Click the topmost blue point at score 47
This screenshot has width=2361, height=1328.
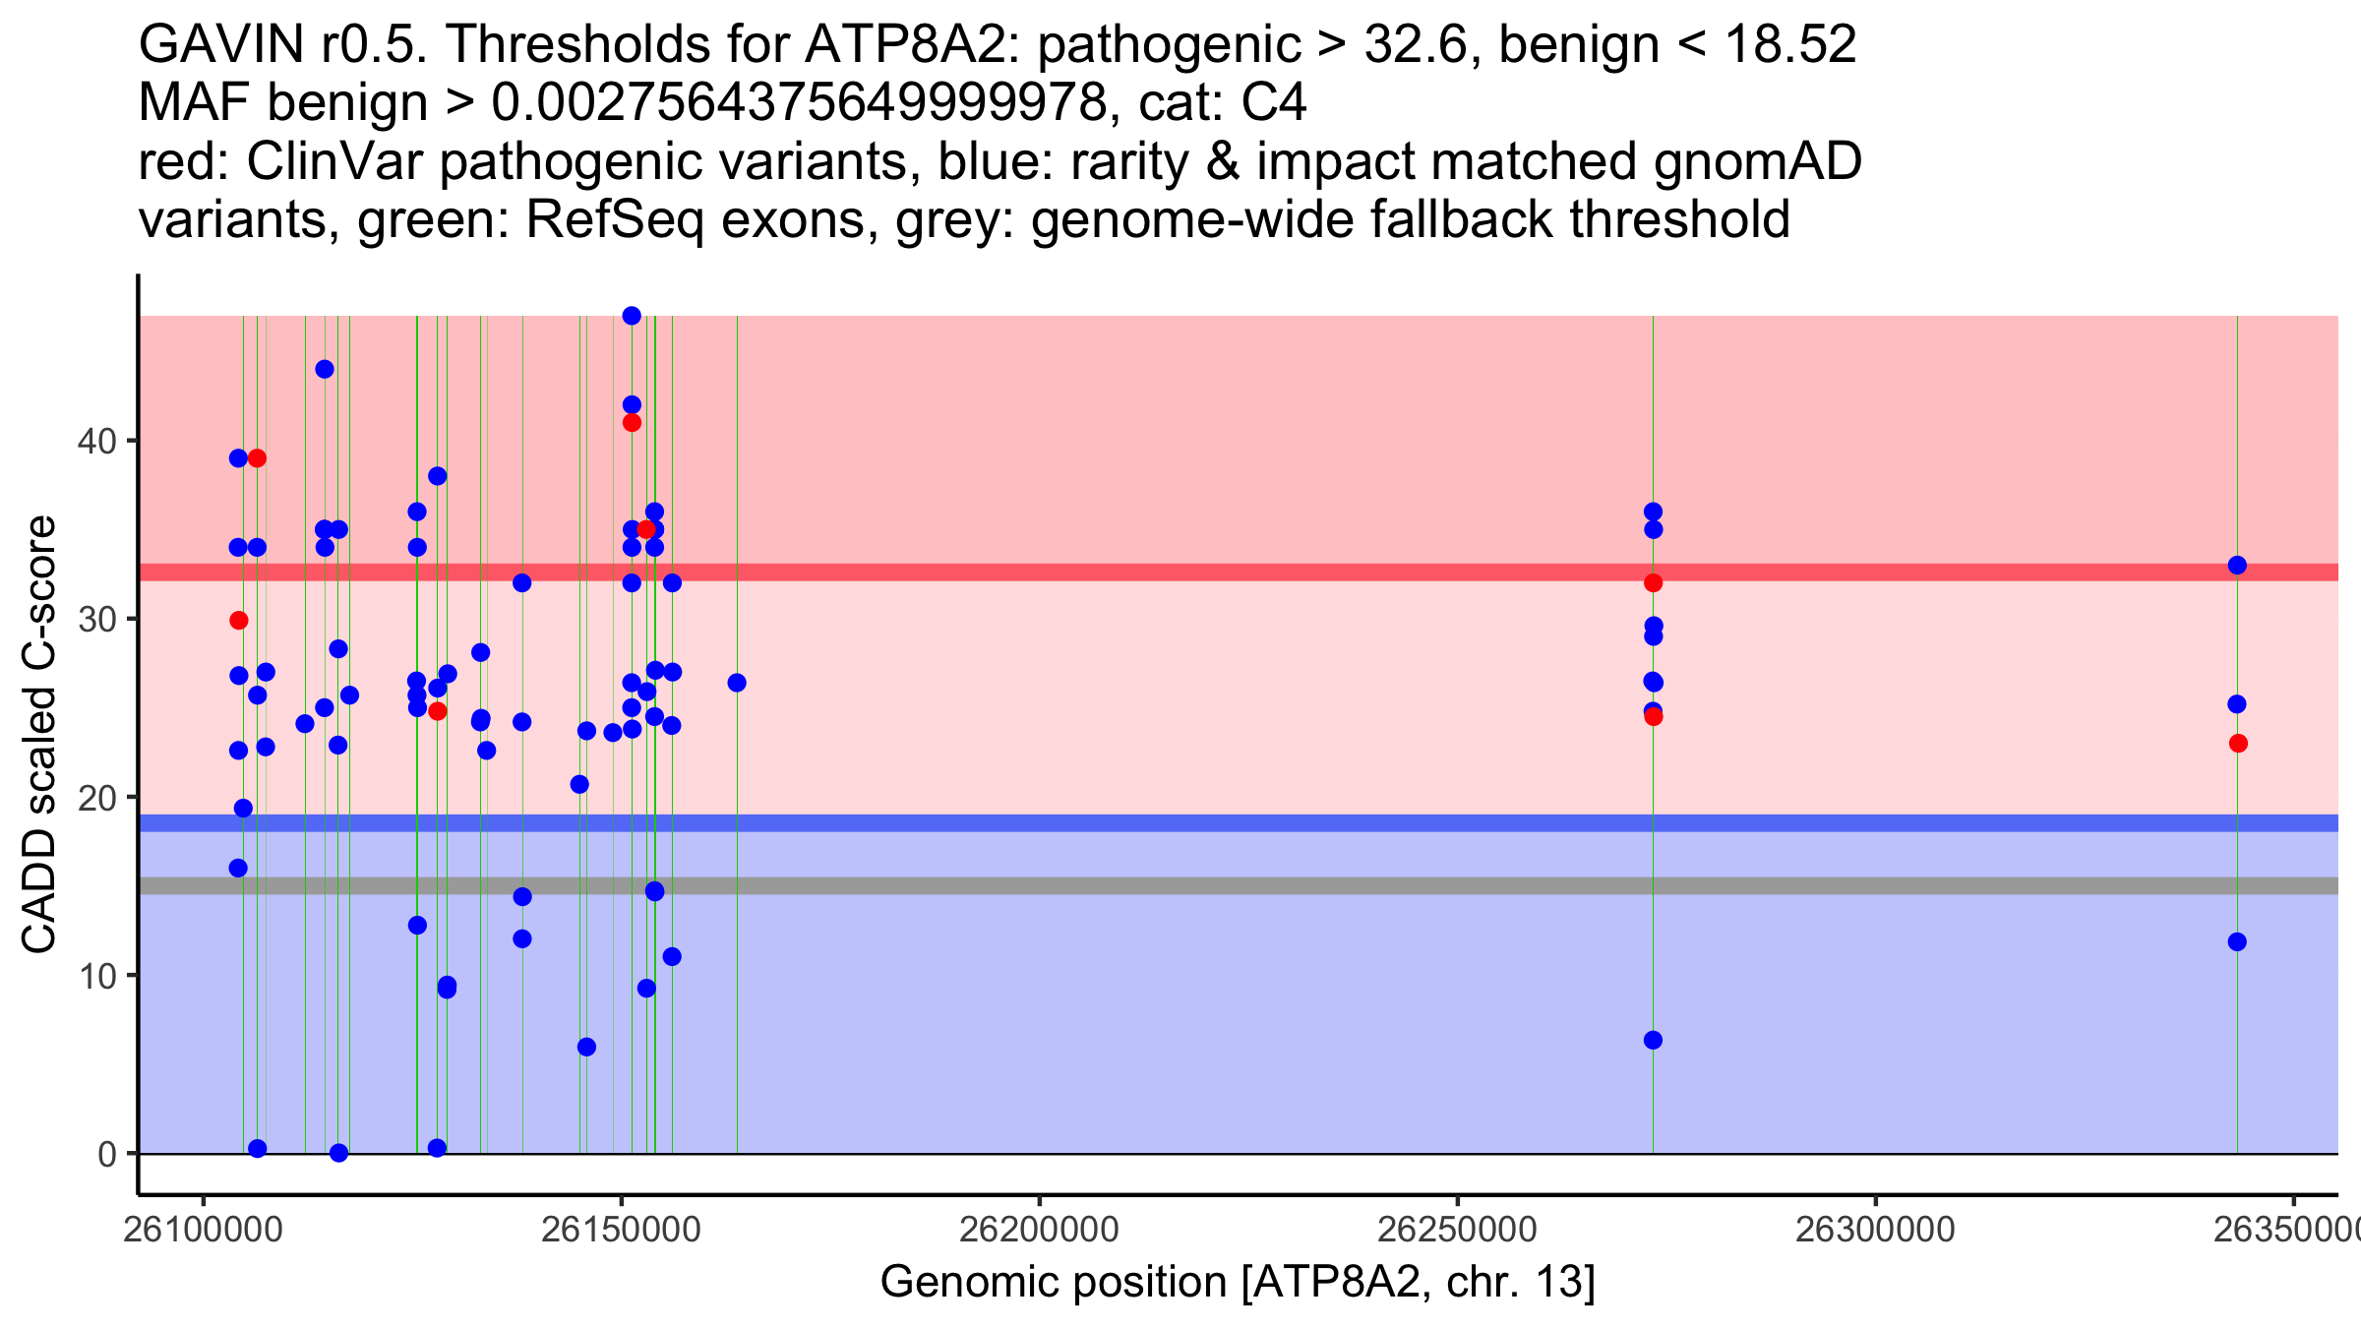(x=632, y=316)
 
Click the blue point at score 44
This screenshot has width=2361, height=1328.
(x=325, y=370)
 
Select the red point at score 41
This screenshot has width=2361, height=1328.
(x=632, y=423)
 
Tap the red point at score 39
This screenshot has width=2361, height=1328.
(x=257, y=458)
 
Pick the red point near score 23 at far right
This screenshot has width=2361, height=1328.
(x=2238, y=744)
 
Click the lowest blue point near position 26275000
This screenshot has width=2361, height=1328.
(x=1653, y=1041)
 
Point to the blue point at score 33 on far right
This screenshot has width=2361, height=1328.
(x=2237, y=566)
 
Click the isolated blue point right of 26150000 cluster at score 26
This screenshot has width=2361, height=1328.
(x=737, y=683)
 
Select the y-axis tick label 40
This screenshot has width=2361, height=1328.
(x=96, y=441)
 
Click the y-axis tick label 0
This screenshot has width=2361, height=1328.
(x=107, y=1154)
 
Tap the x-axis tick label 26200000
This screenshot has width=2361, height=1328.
(x=1039, y=1231)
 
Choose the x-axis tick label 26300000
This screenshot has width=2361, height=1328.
(x=1875, y=1231)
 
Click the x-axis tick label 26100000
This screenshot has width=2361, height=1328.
(x=204, y=1231)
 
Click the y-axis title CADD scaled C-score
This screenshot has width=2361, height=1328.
(x=39, y=735)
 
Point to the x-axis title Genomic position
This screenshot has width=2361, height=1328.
(x=1238, y=1283)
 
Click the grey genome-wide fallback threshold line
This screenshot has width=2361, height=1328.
(x=1180, y=886)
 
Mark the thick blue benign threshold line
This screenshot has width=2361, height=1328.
(x=1180, y=823)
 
